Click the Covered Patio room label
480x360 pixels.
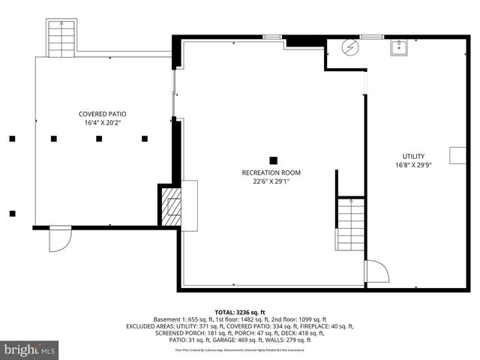[x=102, y=115]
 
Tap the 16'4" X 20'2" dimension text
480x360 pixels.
[x=102, y=124]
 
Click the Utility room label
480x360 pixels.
[x=413, y=156]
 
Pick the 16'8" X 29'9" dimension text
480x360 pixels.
[x=413, y=165]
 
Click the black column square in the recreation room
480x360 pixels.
[x=273, y=160]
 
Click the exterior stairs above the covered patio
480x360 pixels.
[x=58, y=37]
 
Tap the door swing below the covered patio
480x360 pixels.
[x=59, y=240]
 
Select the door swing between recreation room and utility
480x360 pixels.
[x=373, y=271]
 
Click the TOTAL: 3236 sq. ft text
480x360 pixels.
[x=240, y=312]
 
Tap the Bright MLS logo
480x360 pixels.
[x=30, y=349]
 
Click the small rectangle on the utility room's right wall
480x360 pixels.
[x=457, y=155]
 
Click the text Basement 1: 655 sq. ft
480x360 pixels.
[x=178, y=319]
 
